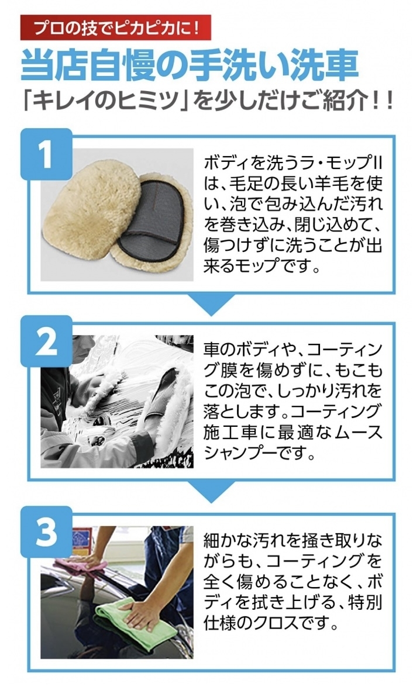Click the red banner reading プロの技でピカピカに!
coord(116,27)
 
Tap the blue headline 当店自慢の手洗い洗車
coord(190,66)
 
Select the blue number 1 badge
coord(46,154)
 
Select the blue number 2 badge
coord(46,341)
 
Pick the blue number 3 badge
coord(46,532)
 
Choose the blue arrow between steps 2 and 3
coord(211,492)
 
